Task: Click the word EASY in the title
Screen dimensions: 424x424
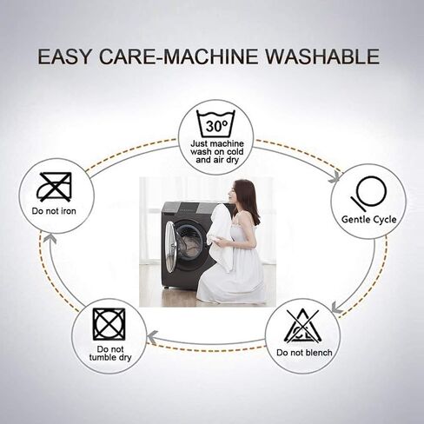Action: pos(64,56)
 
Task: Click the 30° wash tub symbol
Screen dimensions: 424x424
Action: pos(215,123)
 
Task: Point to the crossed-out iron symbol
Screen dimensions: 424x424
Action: pos(54,187)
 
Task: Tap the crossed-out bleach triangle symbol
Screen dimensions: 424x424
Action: pos(302,326)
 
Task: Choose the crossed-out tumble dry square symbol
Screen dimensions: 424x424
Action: pos(109,324)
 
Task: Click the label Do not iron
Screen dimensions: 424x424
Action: pos(54,211)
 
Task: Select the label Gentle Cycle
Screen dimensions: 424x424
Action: pos(368,219)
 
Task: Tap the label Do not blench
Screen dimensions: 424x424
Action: pos(304,353)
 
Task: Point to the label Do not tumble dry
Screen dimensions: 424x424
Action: pos(110,353)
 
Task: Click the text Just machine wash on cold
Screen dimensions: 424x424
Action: pos(217,148)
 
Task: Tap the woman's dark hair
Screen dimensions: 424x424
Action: pos(246,200)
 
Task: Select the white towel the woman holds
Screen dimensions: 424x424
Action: pos(220,232)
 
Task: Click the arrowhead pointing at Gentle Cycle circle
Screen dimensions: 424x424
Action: pos(335,176)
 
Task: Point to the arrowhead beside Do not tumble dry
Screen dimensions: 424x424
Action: pos(153,337)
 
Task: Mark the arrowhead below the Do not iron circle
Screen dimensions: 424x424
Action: pos(51,238)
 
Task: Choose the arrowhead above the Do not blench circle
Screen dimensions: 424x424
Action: pos(337,308)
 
